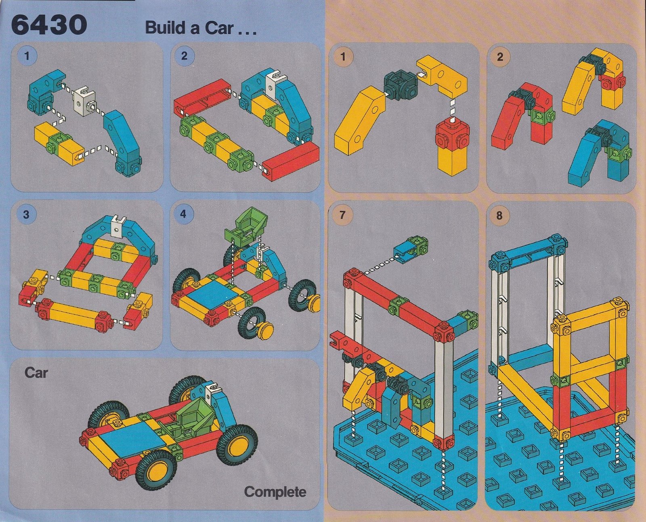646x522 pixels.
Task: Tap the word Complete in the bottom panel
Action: coord(275,492)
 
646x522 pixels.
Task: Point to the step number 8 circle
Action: coord(499,215)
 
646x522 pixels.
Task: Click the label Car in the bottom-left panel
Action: coord(36,373)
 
